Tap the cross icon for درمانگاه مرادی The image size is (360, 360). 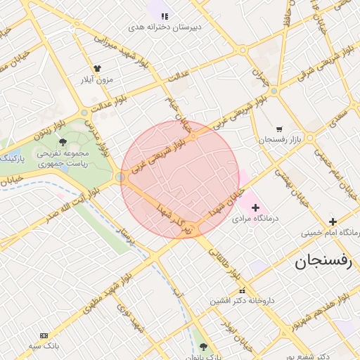(x=255, y=207)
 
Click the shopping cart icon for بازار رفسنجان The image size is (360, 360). (x=280, y=129)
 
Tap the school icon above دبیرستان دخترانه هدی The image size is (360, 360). (x=165, y=15)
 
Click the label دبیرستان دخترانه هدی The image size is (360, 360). (x=165, y=27)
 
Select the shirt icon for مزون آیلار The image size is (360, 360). (x=96, y=68)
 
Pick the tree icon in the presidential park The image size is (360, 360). (x=63, y=142)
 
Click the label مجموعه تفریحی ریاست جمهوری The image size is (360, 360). (x=63, y=158)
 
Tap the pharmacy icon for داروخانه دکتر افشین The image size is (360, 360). (x=243, y=290)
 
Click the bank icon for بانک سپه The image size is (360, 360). (x=44, y=335)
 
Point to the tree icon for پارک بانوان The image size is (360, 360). (x=204, y=347)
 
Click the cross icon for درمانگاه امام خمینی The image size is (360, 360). (x=332, y=221)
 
